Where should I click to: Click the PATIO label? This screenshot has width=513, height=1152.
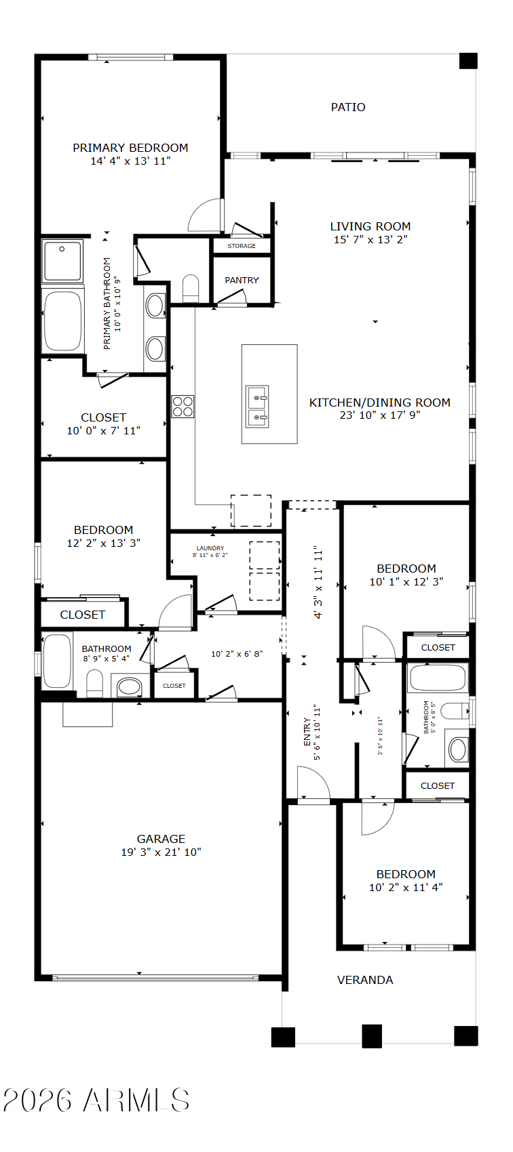[x=348, y=107]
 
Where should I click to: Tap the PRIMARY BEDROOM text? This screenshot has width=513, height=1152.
[x=130, y=148]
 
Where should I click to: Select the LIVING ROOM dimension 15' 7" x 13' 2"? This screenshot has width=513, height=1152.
[x=370, y=239]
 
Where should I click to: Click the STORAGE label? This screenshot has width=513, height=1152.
[x=242, y=246]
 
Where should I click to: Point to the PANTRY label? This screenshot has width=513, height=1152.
[x=242, y=281]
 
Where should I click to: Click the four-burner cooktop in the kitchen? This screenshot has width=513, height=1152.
[x=183, y=407]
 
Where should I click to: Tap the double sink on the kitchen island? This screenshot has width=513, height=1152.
[x=257, y=407]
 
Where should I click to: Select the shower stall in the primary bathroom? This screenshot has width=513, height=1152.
[x=62, y=261]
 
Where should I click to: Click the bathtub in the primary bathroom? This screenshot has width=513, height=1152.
[x=62, y=321]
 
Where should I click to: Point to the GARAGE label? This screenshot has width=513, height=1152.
[x=161, y=839]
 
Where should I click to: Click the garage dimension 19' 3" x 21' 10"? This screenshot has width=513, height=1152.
[x=161, y=852]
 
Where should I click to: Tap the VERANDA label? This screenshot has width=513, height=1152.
[x=365, y=981]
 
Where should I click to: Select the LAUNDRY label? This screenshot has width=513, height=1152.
[x=210, y=548]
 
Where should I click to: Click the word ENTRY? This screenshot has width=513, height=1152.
[x=307, y=731]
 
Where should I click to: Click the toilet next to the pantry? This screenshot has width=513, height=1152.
[x=191, y=289]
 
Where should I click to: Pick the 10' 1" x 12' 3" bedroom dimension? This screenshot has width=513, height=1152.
[x=406, y=581]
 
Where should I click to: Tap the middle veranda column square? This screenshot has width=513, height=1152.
[x=372, y=1035]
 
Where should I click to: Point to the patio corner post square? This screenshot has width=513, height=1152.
[x=468, y=61]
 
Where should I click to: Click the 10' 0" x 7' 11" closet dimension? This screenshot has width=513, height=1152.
[x=104, y=430]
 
